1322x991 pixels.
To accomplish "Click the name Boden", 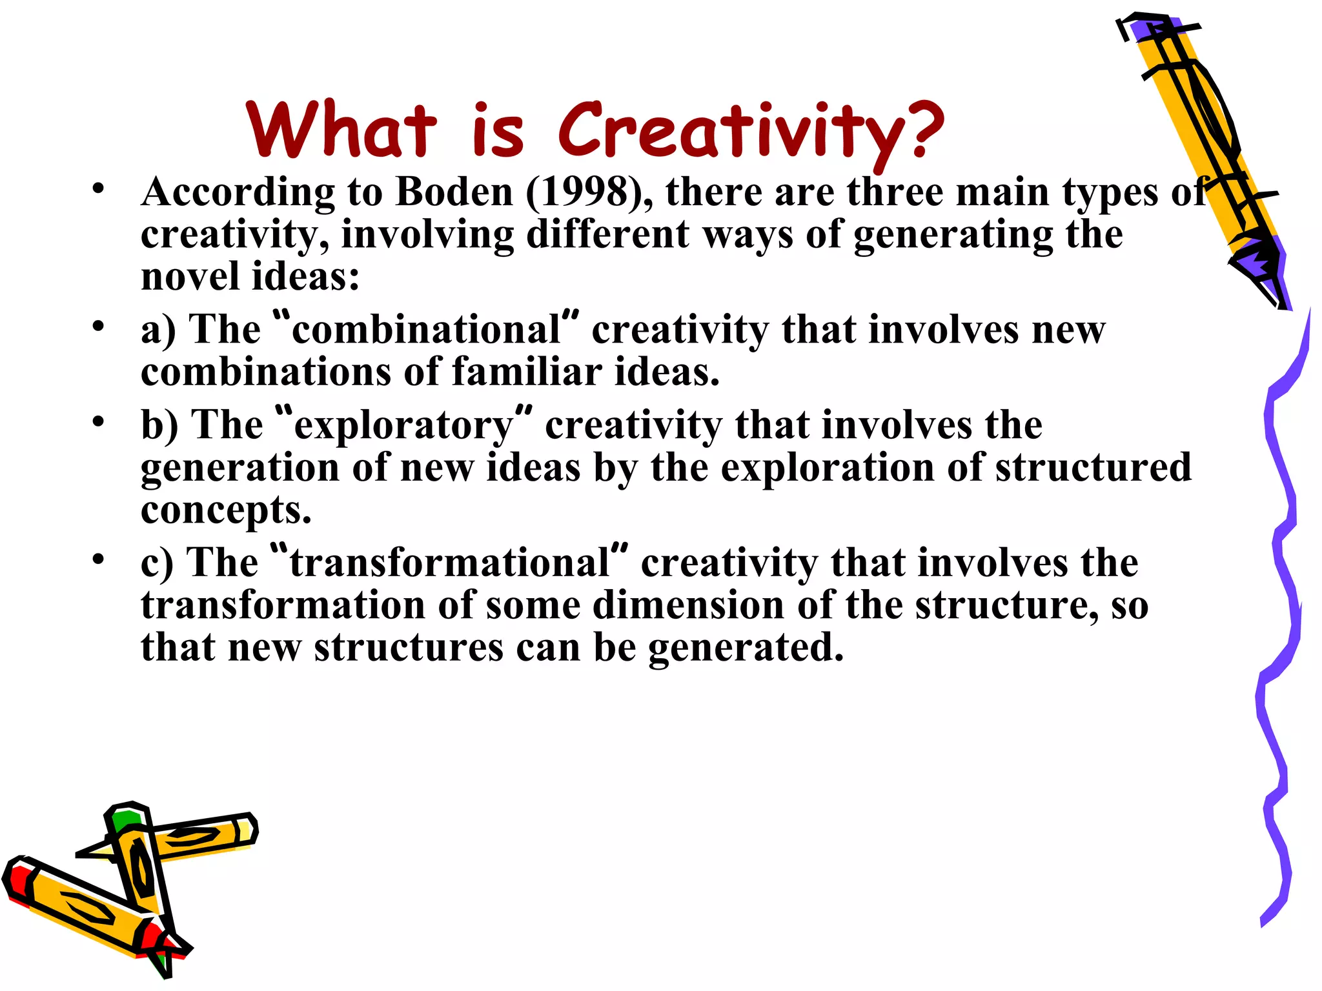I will point(454,192).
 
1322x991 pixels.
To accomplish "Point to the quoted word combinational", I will point(426,330).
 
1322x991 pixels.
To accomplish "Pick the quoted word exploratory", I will point(403,426).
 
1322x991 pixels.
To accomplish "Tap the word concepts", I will point(226,511).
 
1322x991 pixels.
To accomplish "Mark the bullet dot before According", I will point(98,189).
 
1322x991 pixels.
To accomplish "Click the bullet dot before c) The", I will point(98,559).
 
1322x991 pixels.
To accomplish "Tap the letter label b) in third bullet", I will point(159,426).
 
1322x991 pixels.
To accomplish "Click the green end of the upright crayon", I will point(127,819).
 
